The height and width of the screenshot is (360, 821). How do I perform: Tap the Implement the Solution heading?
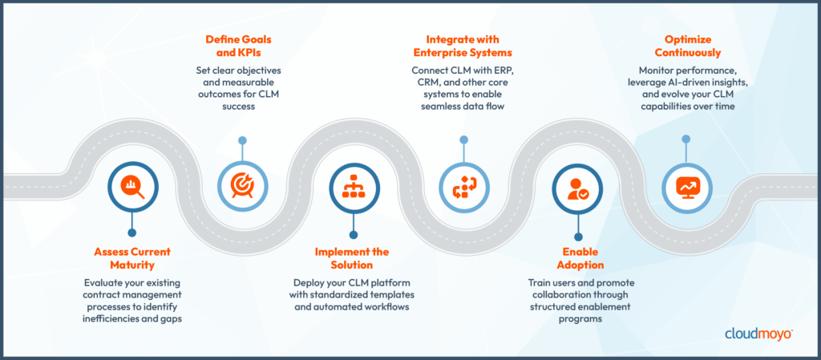pos(350,258)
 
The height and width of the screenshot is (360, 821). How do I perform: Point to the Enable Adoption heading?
pos(574,258)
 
